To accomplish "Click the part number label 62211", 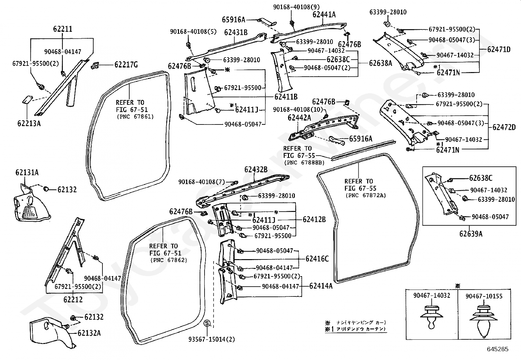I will click(63, 29).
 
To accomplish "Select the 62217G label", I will click(126, 65).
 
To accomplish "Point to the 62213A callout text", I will click(29, 123).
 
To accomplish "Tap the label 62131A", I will click(27, 172).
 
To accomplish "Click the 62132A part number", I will click(89, 333).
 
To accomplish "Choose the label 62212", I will click(73, 299).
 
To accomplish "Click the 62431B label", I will click(236, 32).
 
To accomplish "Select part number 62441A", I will click(324, 14).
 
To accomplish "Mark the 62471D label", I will click(499, 49).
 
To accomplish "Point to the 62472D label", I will click(504, 127).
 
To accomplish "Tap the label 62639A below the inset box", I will click(471, 234).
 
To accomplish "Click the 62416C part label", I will click(317, 259).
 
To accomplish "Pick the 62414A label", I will click(321, 286).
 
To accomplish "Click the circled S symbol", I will click(207, 323).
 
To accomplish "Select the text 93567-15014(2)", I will click(211, 339).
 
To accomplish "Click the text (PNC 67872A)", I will click(366, 195).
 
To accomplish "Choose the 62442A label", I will click(299, 117).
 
